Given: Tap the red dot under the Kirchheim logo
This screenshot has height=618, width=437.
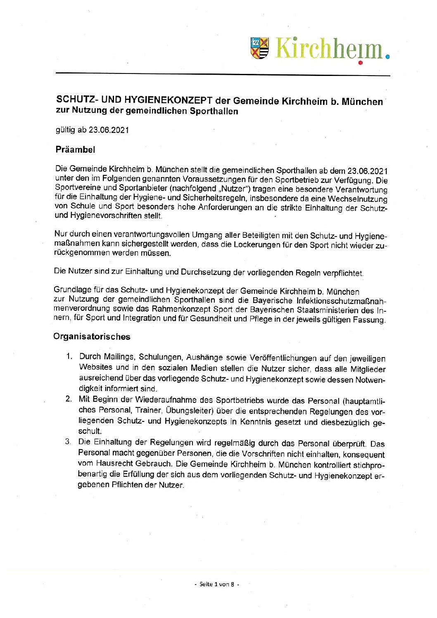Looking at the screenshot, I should (360, 63).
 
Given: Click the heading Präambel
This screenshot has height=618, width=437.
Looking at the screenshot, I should (75, 149).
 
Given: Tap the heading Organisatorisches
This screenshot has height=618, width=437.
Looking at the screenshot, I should (92, 336).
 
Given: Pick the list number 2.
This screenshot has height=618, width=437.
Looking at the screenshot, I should (69, 399).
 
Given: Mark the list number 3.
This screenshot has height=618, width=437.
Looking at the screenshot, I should (68, 442).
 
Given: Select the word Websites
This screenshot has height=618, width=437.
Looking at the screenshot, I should (95, 367).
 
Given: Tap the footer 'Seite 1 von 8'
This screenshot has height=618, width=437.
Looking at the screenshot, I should (217, 584).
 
